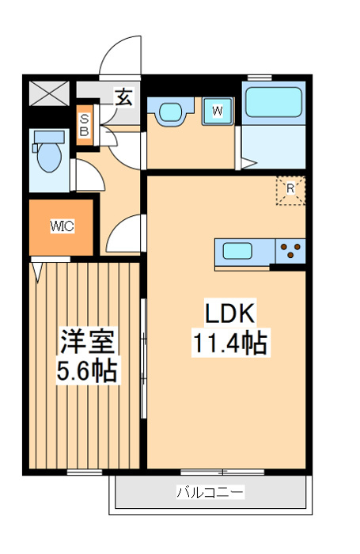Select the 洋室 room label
88,343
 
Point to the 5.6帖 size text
88,370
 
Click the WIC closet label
62,226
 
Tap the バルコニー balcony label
210,492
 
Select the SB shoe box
84,126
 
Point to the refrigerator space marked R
290,189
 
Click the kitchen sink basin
237,252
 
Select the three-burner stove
290,251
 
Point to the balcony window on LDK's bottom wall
210,472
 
